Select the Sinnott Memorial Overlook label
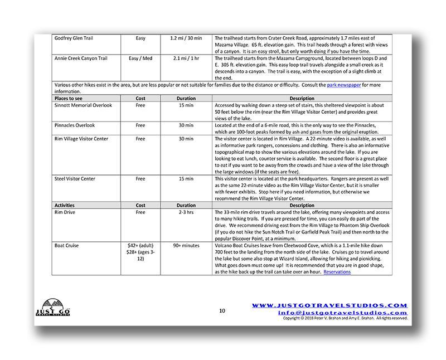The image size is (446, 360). pos(83,105)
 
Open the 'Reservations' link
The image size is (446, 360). pos(337,271)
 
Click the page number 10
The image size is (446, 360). pos(222,310)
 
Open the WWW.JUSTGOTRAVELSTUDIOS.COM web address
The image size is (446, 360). pos(330,305)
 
